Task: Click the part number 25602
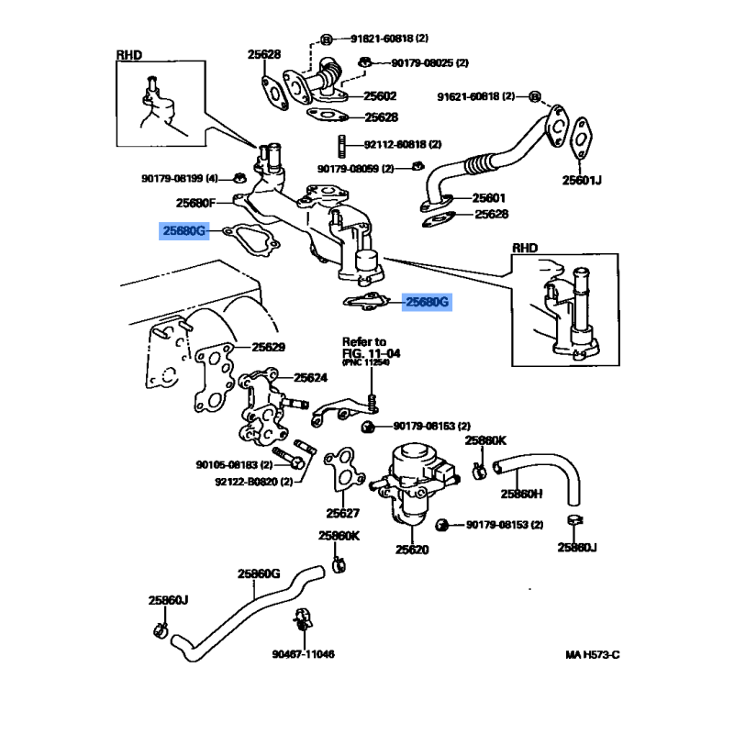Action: pos(380,96)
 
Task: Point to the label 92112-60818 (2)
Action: pos(402,145)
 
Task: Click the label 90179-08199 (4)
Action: pos(180,177)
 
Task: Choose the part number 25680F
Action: pos(195,203)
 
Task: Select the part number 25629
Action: pos(269,348)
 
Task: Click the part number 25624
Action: pos(310,377)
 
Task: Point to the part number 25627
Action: pos(343,513)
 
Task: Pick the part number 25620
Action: pos(412,550)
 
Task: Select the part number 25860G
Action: pos(259,573)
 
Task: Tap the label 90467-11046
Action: pos(303,654)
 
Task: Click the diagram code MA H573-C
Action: pos(593,655)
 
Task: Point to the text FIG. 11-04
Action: pos(372,352)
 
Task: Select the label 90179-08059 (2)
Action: pos(355,169)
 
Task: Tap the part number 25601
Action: pos(489,197)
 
